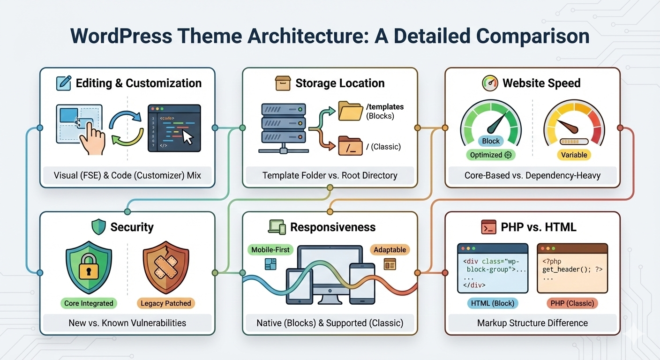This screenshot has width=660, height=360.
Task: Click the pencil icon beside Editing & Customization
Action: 63,83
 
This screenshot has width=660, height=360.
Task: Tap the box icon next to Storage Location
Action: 283,83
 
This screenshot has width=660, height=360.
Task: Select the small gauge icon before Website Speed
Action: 490,83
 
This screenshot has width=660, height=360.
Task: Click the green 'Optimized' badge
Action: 490,155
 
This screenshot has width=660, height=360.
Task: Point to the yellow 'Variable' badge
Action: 574,155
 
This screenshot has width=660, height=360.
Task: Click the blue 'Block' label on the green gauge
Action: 491,141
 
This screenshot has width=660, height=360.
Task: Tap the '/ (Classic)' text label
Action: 383,147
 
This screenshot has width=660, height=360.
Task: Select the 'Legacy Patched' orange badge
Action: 165,303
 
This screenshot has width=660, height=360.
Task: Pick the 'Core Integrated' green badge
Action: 89,303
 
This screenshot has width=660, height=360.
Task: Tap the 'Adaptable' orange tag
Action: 390,250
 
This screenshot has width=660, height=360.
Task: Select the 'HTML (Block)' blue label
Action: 492,303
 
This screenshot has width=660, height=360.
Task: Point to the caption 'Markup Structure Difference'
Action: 532,323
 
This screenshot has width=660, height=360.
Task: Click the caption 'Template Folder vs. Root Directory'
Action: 330,176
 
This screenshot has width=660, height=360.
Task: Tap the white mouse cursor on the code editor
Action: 187,137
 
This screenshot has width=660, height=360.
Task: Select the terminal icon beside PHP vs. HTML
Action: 488,227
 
